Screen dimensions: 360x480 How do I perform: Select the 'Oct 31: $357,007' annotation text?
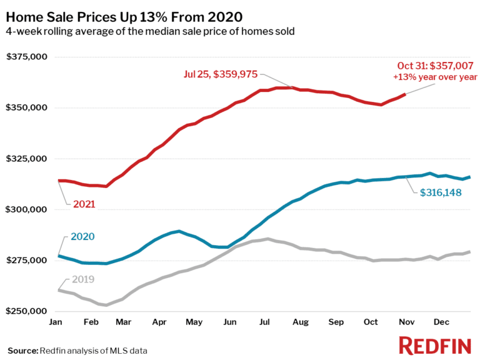435,66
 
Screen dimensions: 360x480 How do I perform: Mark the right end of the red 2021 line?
406,94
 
